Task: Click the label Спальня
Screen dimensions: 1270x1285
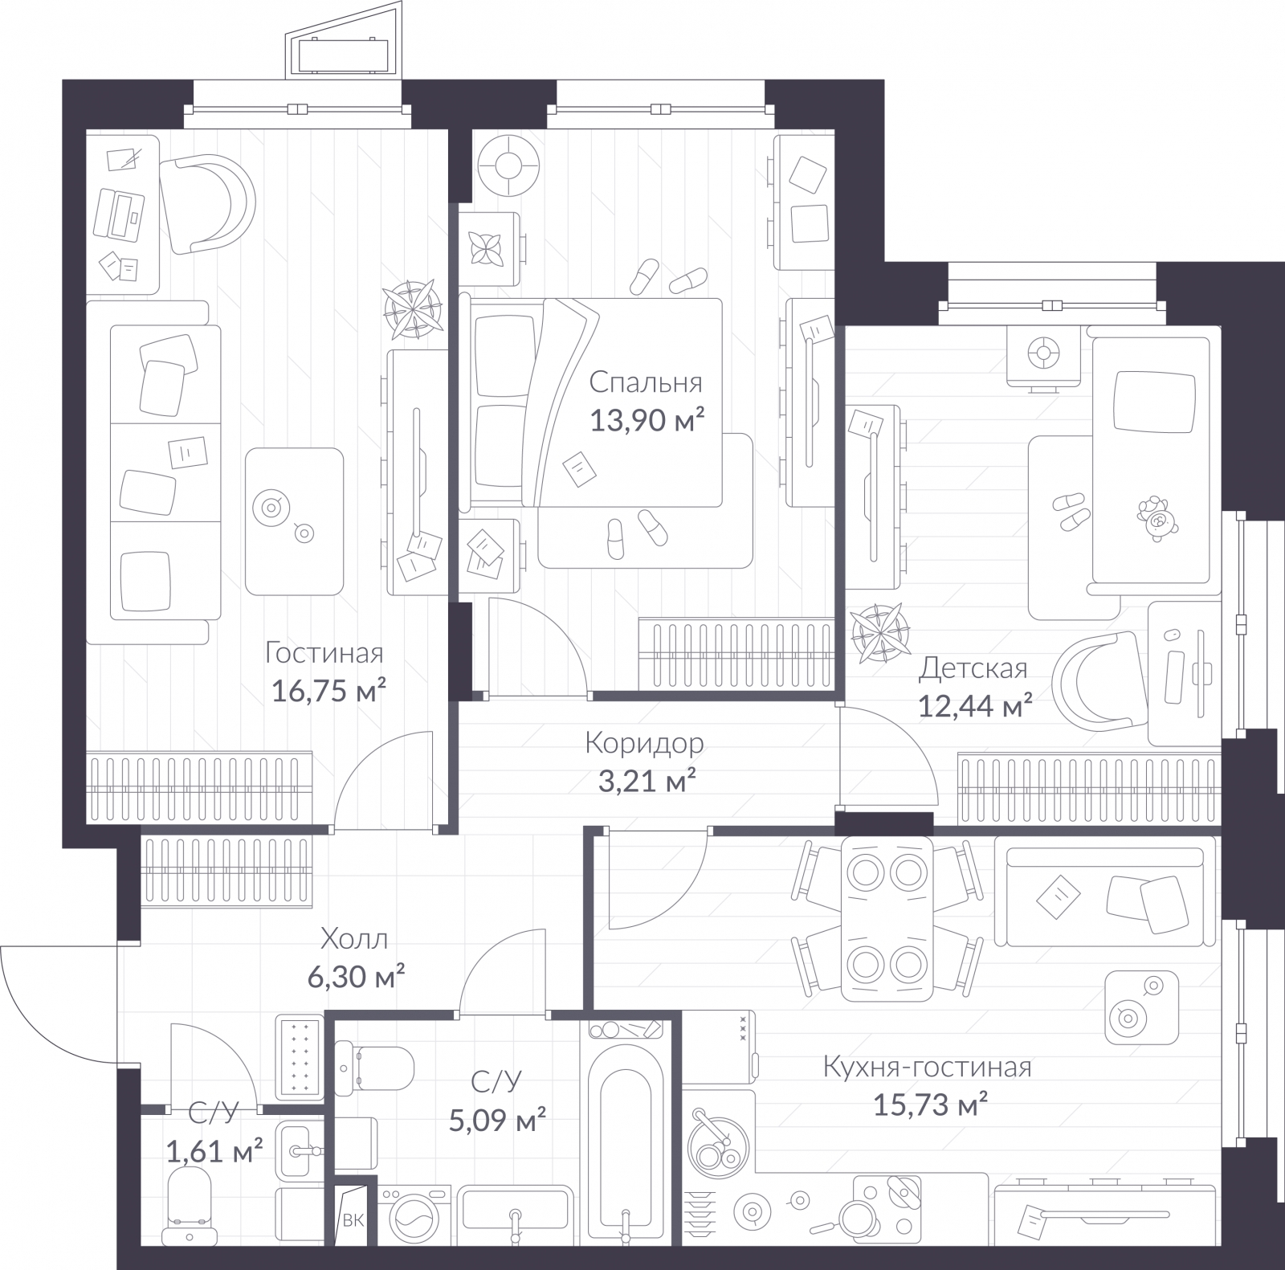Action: coord(645,382)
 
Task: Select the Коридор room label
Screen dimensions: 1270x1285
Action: coord(644,743)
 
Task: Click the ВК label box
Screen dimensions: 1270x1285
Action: coord(353,1221)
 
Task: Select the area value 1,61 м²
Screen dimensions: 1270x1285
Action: coord(214,1152)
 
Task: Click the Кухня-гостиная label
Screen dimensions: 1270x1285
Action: coord(927,1068)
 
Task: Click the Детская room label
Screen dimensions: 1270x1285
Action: coord(973,668)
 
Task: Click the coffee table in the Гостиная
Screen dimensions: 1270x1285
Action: coord(294,521)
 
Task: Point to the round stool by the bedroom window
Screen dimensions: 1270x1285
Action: coord(508,166)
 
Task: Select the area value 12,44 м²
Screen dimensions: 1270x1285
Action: coord(974,706)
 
